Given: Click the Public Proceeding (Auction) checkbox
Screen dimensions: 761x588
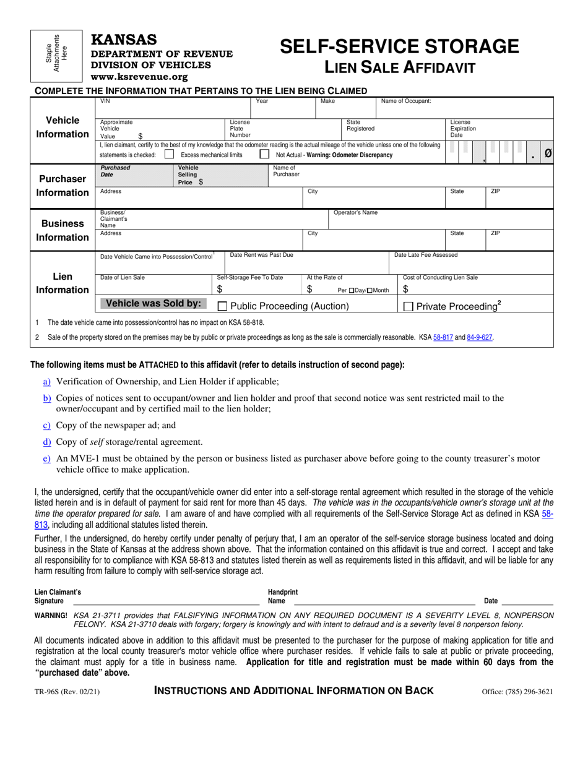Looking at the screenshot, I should click(x=223, y=306).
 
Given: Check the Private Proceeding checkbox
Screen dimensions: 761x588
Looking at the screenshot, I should click(x=409, y=306).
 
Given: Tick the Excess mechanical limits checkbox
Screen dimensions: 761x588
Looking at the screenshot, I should click(x=169, y=155).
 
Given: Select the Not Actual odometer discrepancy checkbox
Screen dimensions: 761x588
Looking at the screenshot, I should click(x=264, y=155).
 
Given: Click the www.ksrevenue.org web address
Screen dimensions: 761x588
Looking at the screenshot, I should click(x=139, y=77).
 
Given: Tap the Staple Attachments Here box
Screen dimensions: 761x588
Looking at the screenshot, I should click(x=56, y=56).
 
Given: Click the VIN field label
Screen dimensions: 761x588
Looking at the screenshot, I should click(x=105, y=101).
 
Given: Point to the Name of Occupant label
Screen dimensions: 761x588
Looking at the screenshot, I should click(x=406, y=101).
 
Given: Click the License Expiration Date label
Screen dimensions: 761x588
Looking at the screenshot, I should click(x=463, y=129).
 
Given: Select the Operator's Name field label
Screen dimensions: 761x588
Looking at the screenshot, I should click(x=355, y=213).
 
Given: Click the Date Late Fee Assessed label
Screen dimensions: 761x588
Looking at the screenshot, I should click(x=426, y=255).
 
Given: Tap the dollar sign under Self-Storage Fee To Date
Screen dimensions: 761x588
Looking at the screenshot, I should click(x=220, y=290).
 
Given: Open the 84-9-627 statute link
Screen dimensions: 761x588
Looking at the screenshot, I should click(x=480, y=337).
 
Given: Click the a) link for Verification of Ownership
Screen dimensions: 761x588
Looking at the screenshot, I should click(x=47, y=382).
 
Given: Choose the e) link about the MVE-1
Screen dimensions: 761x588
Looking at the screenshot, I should click(x=47, y=458).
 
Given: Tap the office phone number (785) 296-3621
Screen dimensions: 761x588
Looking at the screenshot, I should click(x=517, y=692).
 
